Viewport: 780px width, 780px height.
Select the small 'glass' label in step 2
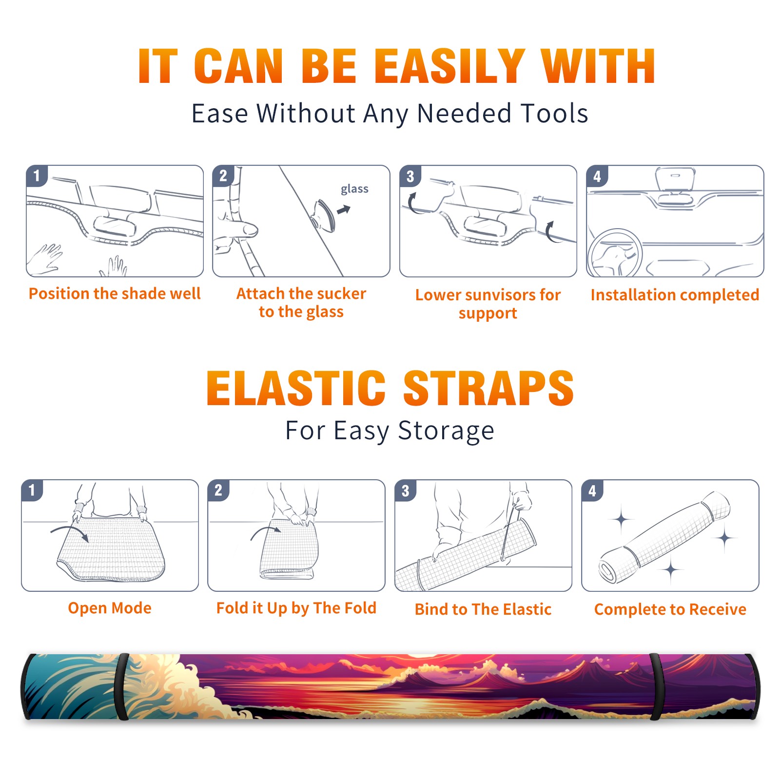pyautogui.click(x=354, y=189)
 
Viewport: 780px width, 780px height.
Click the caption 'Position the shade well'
pyautogui.click(x=115, y=293)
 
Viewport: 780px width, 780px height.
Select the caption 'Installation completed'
pyautogui.click(x=675, y=295)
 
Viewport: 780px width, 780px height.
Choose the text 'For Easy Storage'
pyautogui.click(x=390, y=430)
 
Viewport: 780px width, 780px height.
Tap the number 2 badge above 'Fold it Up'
pyautogui.click(x=218, y=490)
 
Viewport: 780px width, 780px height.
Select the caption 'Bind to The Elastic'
pyautogui.click(x=483, y=609)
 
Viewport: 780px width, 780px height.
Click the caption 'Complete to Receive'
pyautogui.click(x=670, y=609)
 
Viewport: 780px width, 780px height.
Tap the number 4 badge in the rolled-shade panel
pyautogui.click(x=592, y=490)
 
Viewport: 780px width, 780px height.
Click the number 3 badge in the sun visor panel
pyautogui.click(x=410, y=176)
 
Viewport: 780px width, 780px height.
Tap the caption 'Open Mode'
pyautogui.click(x=110, y=608)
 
